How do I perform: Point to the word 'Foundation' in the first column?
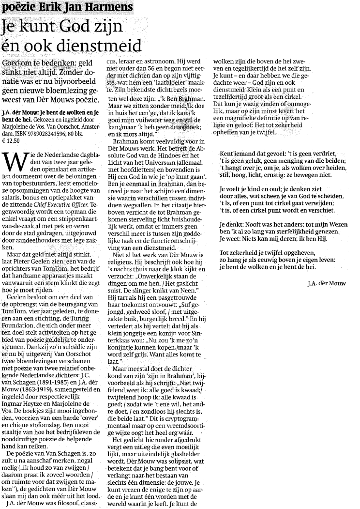pyautogui.click(x=19, y=322)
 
